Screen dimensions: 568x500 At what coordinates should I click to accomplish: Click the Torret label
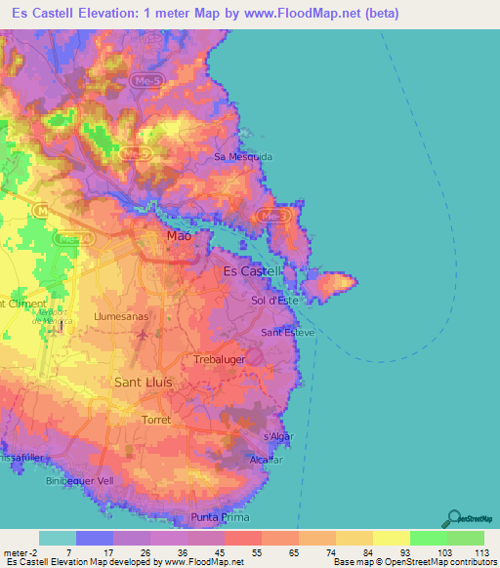(x=155, y=420)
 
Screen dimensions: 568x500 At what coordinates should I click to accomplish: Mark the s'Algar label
(x=279, y=436)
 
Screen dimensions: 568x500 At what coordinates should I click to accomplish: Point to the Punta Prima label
(x=221, y=517)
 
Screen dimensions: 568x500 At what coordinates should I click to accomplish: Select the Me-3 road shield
(x=276, y=215)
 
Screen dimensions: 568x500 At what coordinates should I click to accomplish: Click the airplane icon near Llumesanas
(x=144, y=336)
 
